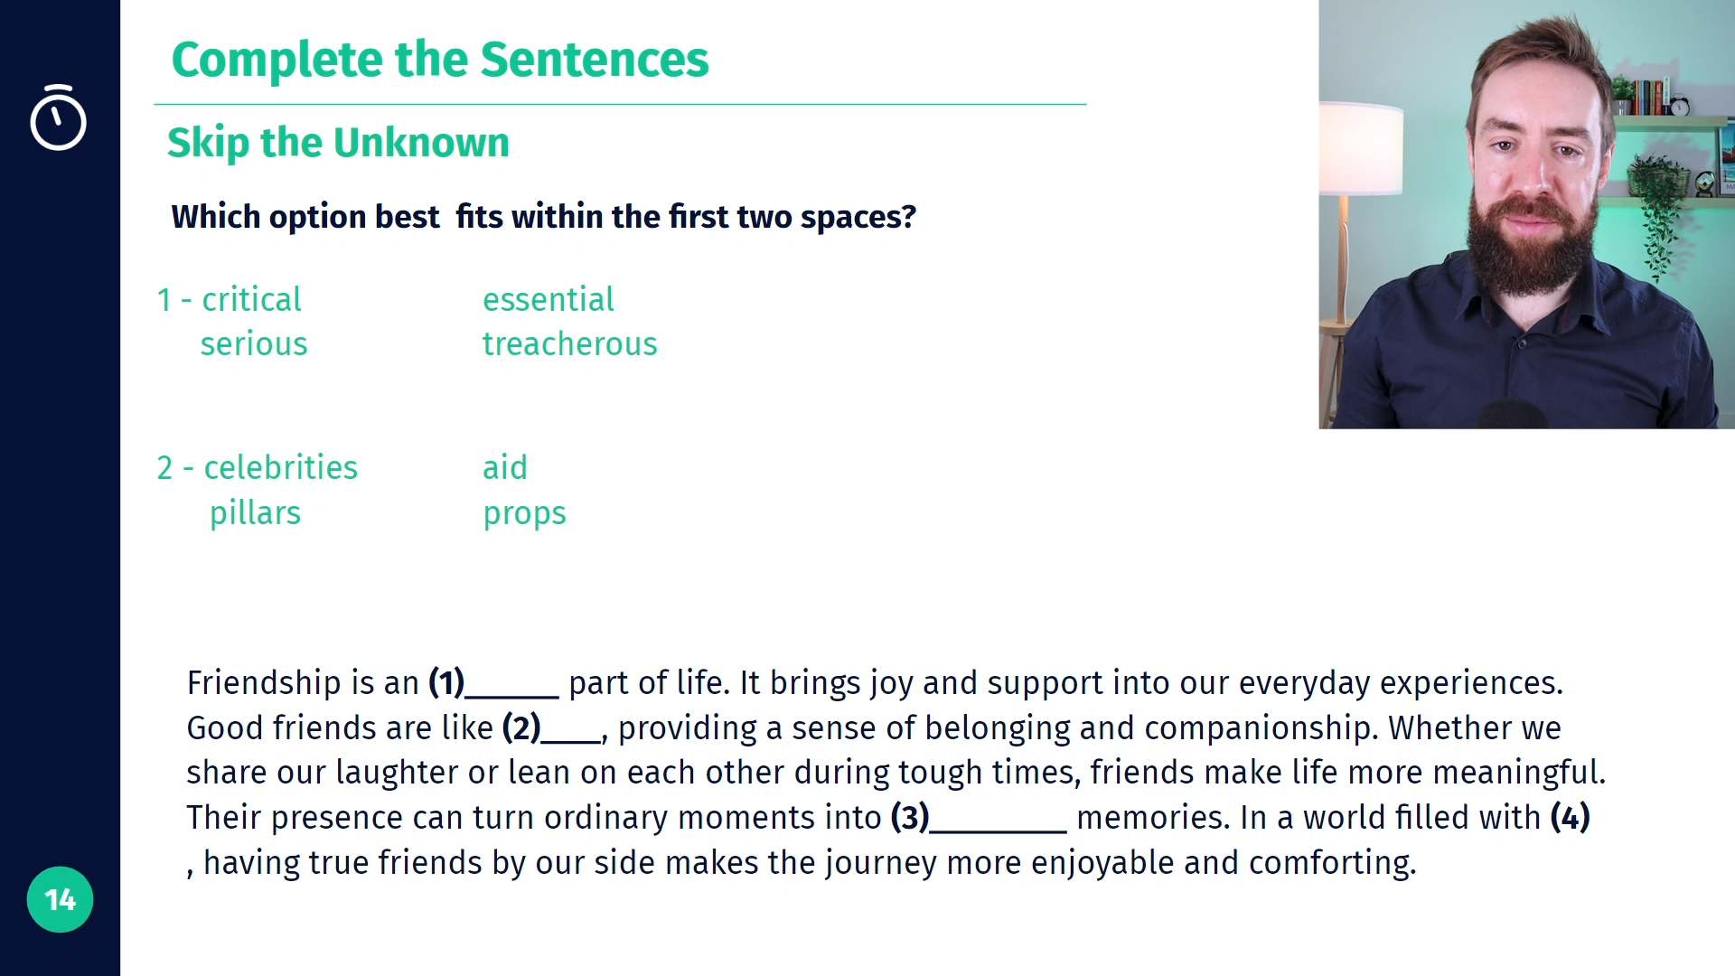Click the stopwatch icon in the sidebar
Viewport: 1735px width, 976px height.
tap(58, 117)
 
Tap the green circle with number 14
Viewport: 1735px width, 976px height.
tap(60, 899)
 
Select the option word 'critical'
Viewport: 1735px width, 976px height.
tap(251, 299)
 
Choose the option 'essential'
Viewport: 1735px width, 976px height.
tap(548, 299)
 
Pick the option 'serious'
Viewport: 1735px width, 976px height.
tap(254, 343)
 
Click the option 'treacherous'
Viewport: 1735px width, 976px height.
tap(569, 343)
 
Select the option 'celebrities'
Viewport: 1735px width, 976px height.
tap(280, 467)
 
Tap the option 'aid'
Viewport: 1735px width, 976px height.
tap(504, 467)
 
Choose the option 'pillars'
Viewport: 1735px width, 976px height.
tap(255, 512)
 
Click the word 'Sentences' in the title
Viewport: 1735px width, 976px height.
tap(595, 60)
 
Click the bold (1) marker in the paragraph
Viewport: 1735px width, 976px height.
tap(446, 682)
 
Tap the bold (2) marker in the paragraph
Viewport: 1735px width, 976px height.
tap(521, 727)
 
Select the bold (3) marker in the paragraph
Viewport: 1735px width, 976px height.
tap(910, 817)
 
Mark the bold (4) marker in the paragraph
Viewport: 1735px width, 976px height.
tap(1571, 817)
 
